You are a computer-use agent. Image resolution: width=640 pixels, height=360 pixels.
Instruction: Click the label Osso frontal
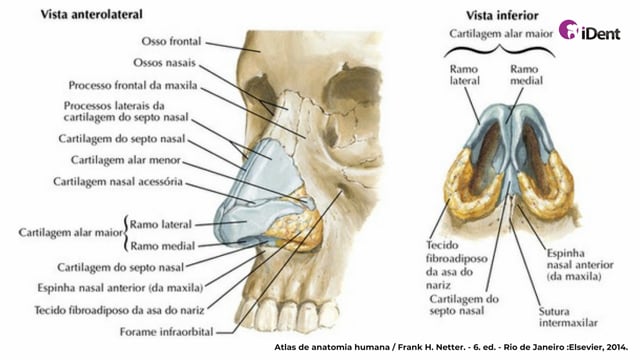click(171, 41)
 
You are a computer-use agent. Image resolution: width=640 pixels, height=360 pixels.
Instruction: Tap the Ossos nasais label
click(164, 63)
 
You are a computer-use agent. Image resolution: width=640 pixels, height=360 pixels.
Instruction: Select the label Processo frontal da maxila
click(133, 85)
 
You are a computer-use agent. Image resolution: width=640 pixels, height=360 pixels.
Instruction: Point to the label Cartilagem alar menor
click(126, 160)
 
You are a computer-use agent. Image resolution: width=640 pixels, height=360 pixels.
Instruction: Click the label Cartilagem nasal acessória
click(118, 182)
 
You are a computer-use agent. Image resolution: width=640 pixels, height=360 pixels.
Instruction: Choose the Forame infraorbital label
click(167, 332)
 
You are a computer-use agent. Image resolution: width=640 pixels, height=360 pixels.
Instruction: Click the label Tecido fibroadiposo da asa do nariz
click(119, 310)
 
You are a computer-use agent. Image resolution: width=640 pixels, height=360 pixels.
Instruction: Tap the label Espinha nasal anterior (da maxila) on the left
click(120, 288)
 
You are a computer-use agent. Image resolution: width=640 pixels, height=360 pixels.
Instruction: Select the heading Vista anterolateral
click(91, 15)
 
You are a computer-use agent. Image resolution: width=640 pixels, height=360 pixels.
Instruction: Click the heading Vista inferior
click(502, 16)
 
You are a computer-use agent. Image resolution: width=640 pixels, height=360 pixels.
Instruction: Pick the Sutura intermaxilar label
click(568, 317)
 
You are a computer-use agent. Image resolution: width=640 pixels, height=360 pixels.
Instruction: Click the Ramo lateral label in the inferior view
click(464, 75)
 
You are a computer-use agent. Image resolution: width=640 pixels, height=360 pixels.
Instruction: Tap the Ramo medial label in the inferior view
click(527, 75)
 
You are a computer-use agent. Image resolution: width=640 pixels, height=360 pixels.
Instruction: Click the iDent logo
click(589, 30)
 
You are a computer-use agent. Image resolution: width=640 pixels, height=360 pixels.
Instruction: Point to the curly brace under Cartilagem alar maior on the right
click(500, 51)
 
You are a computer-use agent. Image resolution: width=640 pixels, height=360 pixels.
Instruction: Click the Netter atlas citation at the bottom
click(451, 347)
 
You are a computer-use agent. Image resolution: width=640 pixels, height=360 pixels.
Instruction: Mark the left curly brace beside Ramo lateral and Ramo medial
click(125, 234)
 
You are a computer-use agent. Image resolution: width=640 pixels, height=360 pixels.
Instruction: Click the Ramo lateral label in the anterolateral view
click(160, 224)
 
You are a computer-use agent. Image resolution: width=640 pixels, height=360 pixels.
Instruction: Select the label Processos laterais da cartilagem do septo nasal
click(126, 111)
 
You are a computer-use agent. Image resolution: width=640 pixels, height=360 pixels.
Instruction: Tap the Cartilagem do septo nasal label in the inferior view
click(464, 305)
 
